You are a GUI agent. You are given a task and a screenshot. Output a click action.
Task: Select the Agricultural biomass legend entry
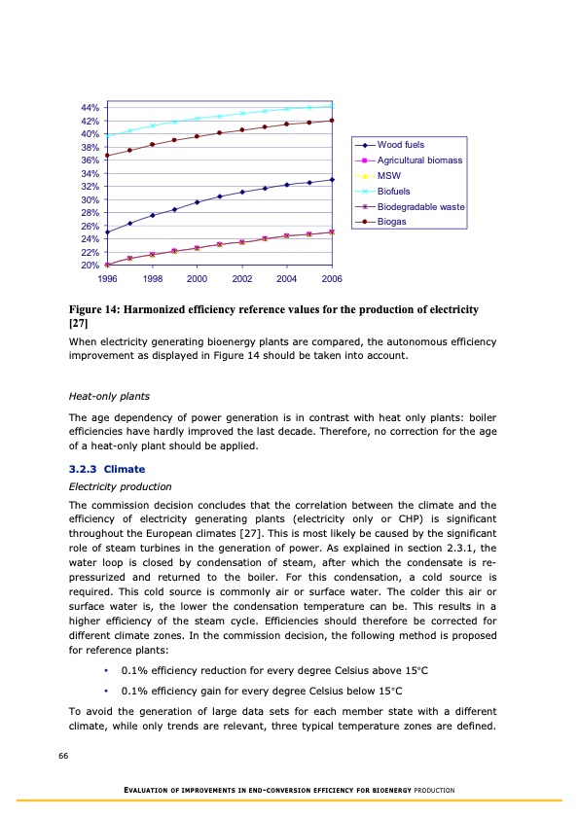[x=417, y=160]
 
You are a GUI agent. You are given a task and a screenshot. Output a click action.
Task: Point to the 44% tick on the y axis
[x=90, y=107]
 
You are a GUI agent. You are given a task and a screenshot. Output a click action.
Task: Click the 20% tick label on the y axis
[x=90, y=266]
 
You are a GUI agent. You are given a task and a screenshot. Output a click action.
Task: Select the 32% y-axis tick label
[x=90, y=186]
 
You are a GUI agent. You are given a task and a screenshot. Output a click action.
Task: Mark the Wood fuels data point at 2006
[x=332, y=179]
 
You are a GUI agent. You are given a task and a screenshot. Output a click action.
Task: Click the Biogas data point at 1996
[x=107, y=156]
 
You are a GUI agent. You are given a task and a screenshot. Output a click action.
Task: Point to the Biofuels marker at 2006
[x=332, y=106]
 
